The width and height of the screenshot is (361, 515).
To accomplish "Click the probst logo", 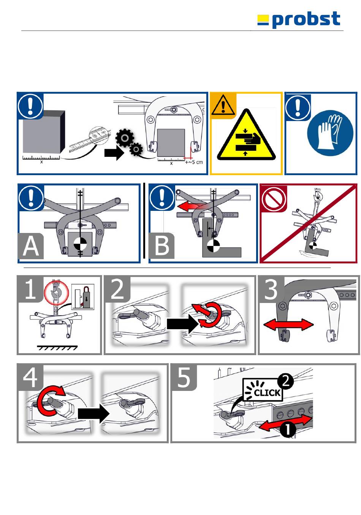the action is click(298, 20).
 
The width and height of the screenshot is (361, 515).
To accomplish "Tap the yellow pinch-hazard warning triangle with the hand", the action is click(246, 135).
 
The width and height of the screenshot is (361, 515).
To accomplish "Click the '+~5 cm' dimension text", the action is click(194, 162).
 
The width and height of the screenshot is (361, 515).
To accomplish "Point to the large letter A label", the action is click(30, 246).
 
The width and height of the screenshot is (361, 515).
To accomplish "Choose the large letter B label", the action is click(161, 246).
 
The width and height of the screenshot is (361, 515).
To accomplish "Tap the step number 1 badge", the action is click(30, 289).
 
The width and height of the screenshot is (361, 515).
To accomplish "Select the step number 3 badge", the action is click(271, 289).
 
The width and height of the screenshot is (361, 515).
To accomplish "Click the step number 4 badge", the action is click(30, 378).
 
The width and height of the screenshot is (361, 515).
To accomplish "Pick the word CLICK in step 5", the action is click(267, 393).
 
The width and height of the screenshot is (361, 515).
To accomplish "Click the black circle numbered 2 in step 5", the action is click(285, 381).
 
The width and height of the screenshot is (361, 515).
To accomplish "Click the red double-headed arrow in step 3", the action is click(288, 325).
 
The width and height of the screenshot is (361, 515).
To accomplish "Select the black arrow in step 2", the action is click(182, 324).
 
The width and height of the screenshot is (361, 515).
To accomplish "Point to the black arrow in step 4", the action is click(93, 414).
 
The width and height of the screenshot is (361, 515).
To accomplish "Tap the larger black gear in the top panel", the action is click(125, 138).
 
